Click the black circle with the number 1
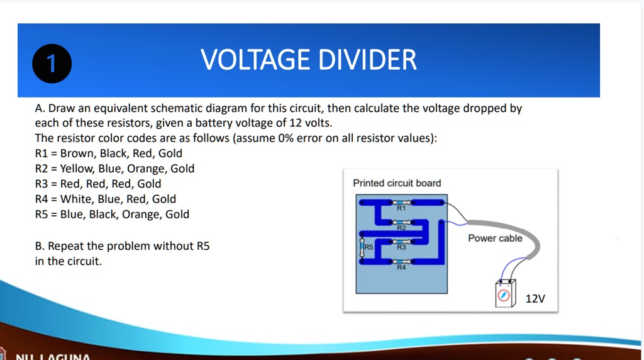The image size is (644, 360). pos(52,65)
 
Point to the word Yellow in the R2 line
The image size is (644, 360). pos(76,168)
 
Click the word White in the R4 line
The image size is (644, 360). pos(75,199)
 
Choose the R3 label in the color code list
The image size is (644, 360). pos(42,184)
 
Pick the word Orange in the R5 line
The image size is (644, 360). pos(142,214)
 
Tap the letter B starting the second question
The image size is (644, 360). pos(38,246)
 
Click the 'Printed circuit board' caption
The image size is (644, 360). pos(397,183)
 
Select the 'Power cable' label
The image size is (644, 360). pos(495,238)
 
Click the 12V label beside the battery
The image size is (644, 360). pos(535,298)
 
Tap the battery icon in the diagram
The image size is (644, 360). pos(505,293)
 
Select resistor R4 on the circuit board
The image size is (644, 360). pos(401,261)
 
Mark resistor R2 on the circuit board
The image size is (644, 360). pos(401,222)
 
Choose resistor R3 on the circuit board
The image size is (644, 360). pos(401,242)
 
